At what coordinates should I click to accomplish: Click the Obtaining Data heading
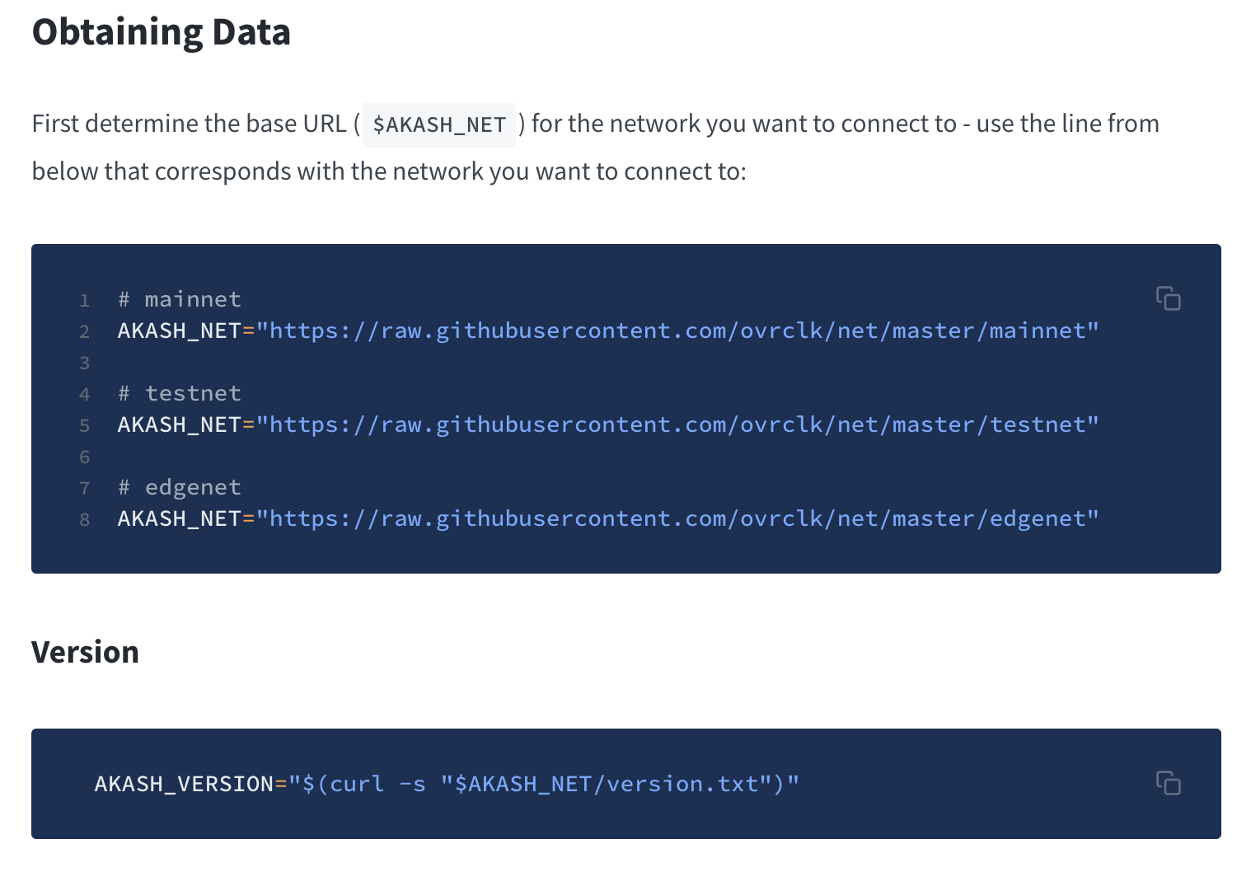point(162,32)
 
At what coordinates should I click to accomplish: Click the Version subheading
point(86,652)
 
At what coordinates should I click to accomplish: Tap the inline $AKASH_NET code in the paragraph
point(439,124)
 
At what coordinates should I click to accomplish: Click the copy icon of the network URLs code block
point(1168,298)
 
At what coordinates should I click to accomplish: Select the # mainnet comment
point(180,299)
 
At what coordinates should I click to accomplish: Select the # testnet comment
point(180,393)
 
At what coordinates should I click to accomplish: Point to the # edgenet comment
point(180,488)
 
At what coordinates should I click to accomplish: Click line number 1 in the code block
point(84,301)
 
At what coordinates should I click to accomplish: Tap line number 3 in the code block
point(84,363)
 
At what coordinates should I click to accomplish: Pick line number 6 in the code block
point(84,457)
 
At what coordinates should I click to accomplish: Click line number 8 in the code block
point(84,519)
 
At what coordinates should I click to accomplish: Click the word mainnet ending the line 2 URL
point(1037,331)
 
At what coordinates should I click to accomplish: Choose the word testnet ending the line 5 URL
point(1037,424)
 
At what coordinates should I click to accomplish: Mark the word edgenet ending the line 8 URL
point(1037,519)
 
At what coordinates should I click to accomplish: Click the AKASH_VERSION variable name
point(184,784)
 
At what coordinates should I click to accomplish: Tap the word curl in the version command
point(357,784)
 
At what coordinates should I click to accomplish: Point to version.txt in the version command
point(683,784)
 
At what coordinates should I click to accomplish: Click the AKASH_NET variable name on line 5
point(180,425)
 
